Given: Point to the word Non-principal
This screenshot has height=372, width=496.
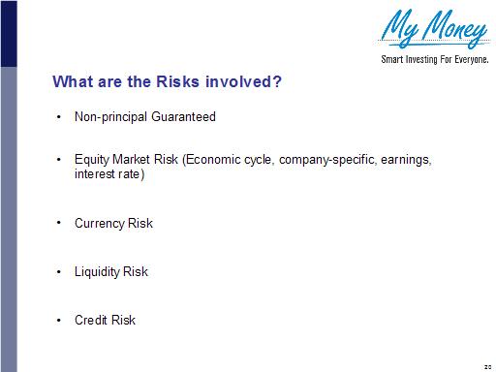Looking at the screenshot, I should (113, 117).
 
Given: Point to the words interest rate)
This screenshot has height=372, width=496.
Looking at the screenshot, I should (109, 175).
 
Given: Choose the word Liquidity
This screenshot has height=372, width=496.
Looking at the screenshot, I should (97, 272).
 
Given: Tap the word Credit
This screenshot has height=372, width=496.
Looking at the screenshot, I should (91, 321).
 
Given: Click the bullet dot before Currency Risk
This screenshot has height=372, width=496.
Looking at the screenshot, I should (60, 224).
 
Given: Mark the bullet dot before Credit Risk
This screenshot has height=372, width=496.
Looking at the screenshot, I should (60, 321).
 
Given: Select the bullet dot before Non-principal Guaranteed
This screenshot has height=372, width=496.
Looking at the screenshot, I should (60, 117).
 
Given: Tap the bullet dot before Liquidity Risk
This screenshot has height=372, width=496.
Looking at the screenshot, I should (60, 272).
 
